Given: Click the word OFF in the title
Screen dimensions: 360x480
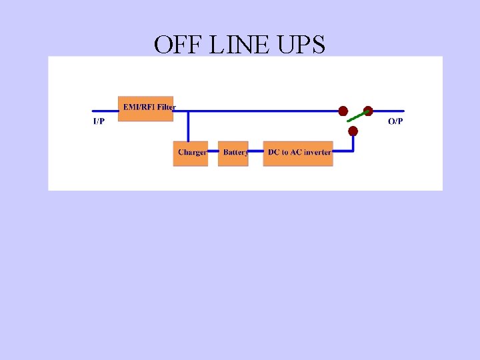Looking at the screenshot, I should (x=175, y=45).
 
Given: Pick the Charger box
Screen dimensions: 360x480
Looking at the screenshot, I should (x=191, y=153).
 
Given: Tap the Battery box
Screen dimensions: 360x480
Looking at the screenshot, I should (x=233, y=153).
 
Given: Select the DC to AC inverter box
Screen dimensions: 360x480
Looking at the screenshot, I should (x=298, y=153).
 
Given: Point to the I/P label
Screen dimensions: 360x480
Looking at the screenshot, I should (x=99, y=121).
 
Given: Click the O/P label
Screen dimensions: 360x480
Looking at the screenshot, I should (x=395, y=121).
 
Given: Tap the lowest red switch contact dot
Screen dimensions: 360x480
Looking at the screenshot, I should (x=353, y=131).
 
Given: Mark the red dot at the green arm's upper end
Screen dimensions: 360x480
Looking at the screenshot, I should (x=368, y=111).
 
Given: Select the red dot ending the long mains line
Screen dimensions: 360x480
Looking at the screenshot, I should (x=343, y=111).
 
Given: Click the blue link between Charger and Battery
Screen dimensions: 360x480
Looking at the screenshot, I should (x=213, y=152).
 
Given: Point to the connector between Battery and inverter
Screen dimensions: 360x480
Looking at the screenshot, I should (x=255, y=152).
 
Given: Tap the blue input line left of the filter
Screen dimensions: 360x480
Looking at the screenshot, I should (x=105, y=111).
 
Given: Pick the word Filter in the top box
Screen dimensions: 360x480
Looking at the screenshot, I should (x=166, y=107).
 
